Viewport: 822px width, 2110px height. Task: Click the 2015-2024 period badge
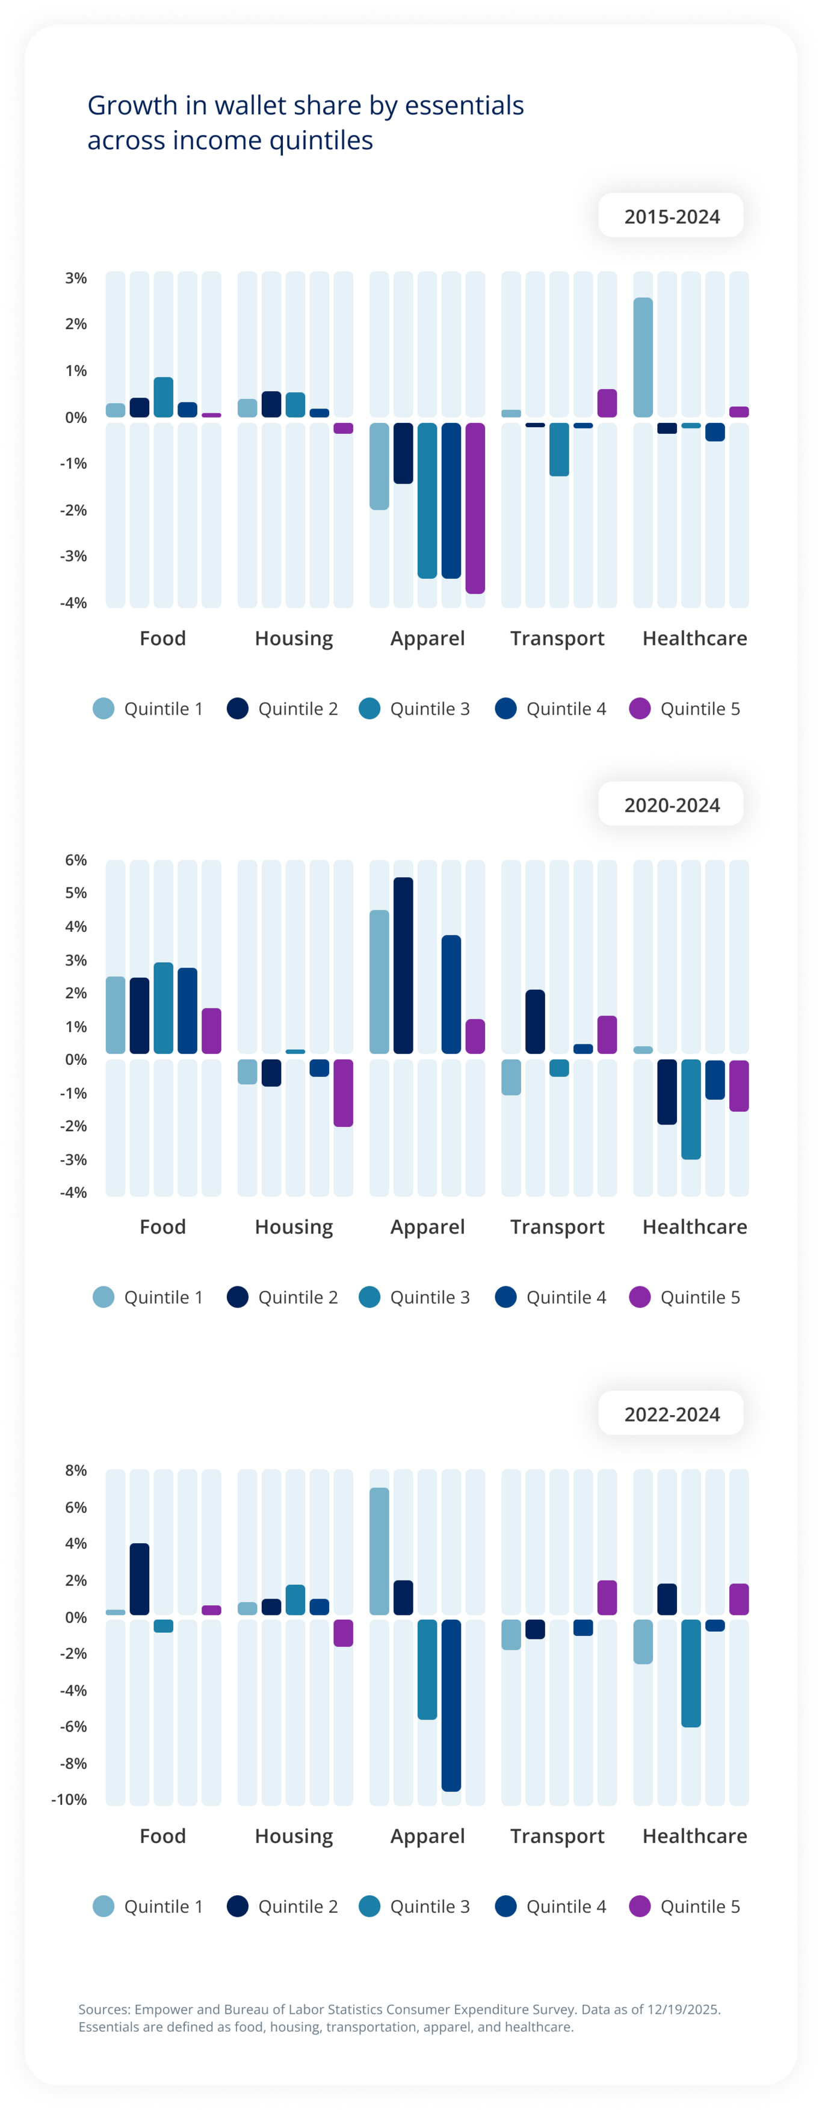point(671,216)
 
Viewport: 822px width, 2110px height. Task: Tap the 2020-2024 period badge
point(671,804)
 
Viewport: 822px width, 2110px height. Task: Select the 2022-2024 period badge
point(671,1414)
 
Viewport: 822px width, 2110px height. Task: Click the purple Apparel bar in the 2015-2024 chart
point(475,508)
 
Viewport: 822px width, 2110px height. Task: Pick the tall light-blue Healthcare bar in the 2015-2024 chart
point(643,357)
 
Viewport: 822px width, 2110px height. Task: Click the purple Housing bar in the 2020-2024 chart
point(344,1093)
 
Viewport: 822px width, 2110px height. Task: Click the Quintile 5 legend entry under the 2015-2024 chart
point(685,709)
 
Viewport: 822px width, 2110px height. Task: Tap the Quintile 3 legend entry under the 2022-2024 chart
point(415,1906)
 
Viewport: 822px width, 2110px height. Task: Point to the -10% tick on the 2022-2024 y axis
point(70,1800)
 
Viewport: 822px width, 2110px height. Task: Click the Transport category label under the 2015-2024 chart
point(557,638)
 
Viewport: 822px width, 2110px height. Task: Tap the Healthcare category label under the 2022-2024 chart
point(694,1836)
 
